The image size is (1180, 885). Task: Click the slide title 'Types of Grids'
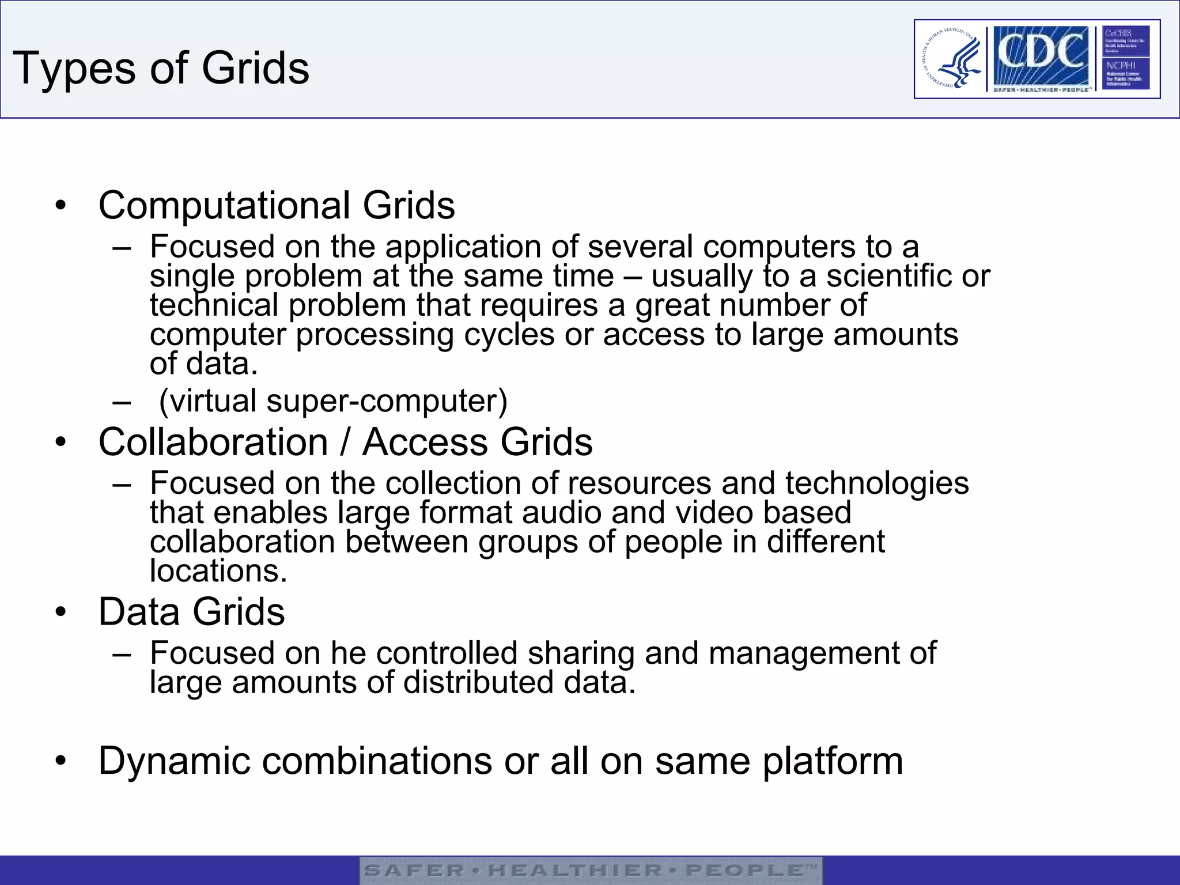(161, 69)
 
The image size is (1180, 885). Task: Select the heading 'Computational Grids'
(277, 205)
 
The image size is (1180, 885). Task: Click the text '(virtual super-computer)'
(333, 400)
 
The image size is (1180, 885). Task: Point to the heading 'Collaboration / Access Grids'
(345, 442)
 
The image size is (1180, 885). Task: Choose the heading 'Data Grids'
(191, 611)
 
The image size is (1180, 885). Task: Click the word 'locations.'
(218, 571)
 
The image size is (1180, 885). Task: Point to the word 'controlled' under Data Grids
(447, 653)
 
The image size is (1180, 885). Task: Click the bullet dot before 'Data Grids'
(61, 612)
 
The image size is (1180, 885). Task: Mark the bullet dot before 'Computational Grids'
(61, 206)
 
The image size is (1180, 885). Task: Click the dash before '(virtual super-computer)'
(122, 402)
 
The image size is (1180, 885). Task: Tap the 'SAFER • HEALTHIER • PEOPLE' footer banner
(590, 870)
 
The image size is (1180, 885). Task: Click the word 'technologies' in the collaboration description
(876, 483)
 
